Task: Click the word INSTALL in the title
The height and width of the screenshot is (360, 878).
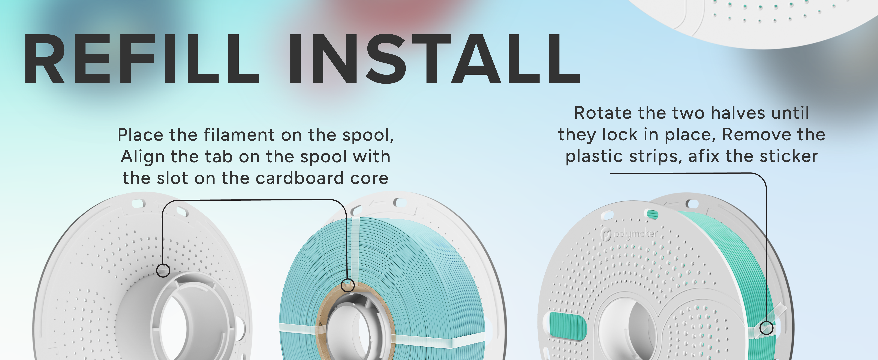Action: [435, 59]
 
